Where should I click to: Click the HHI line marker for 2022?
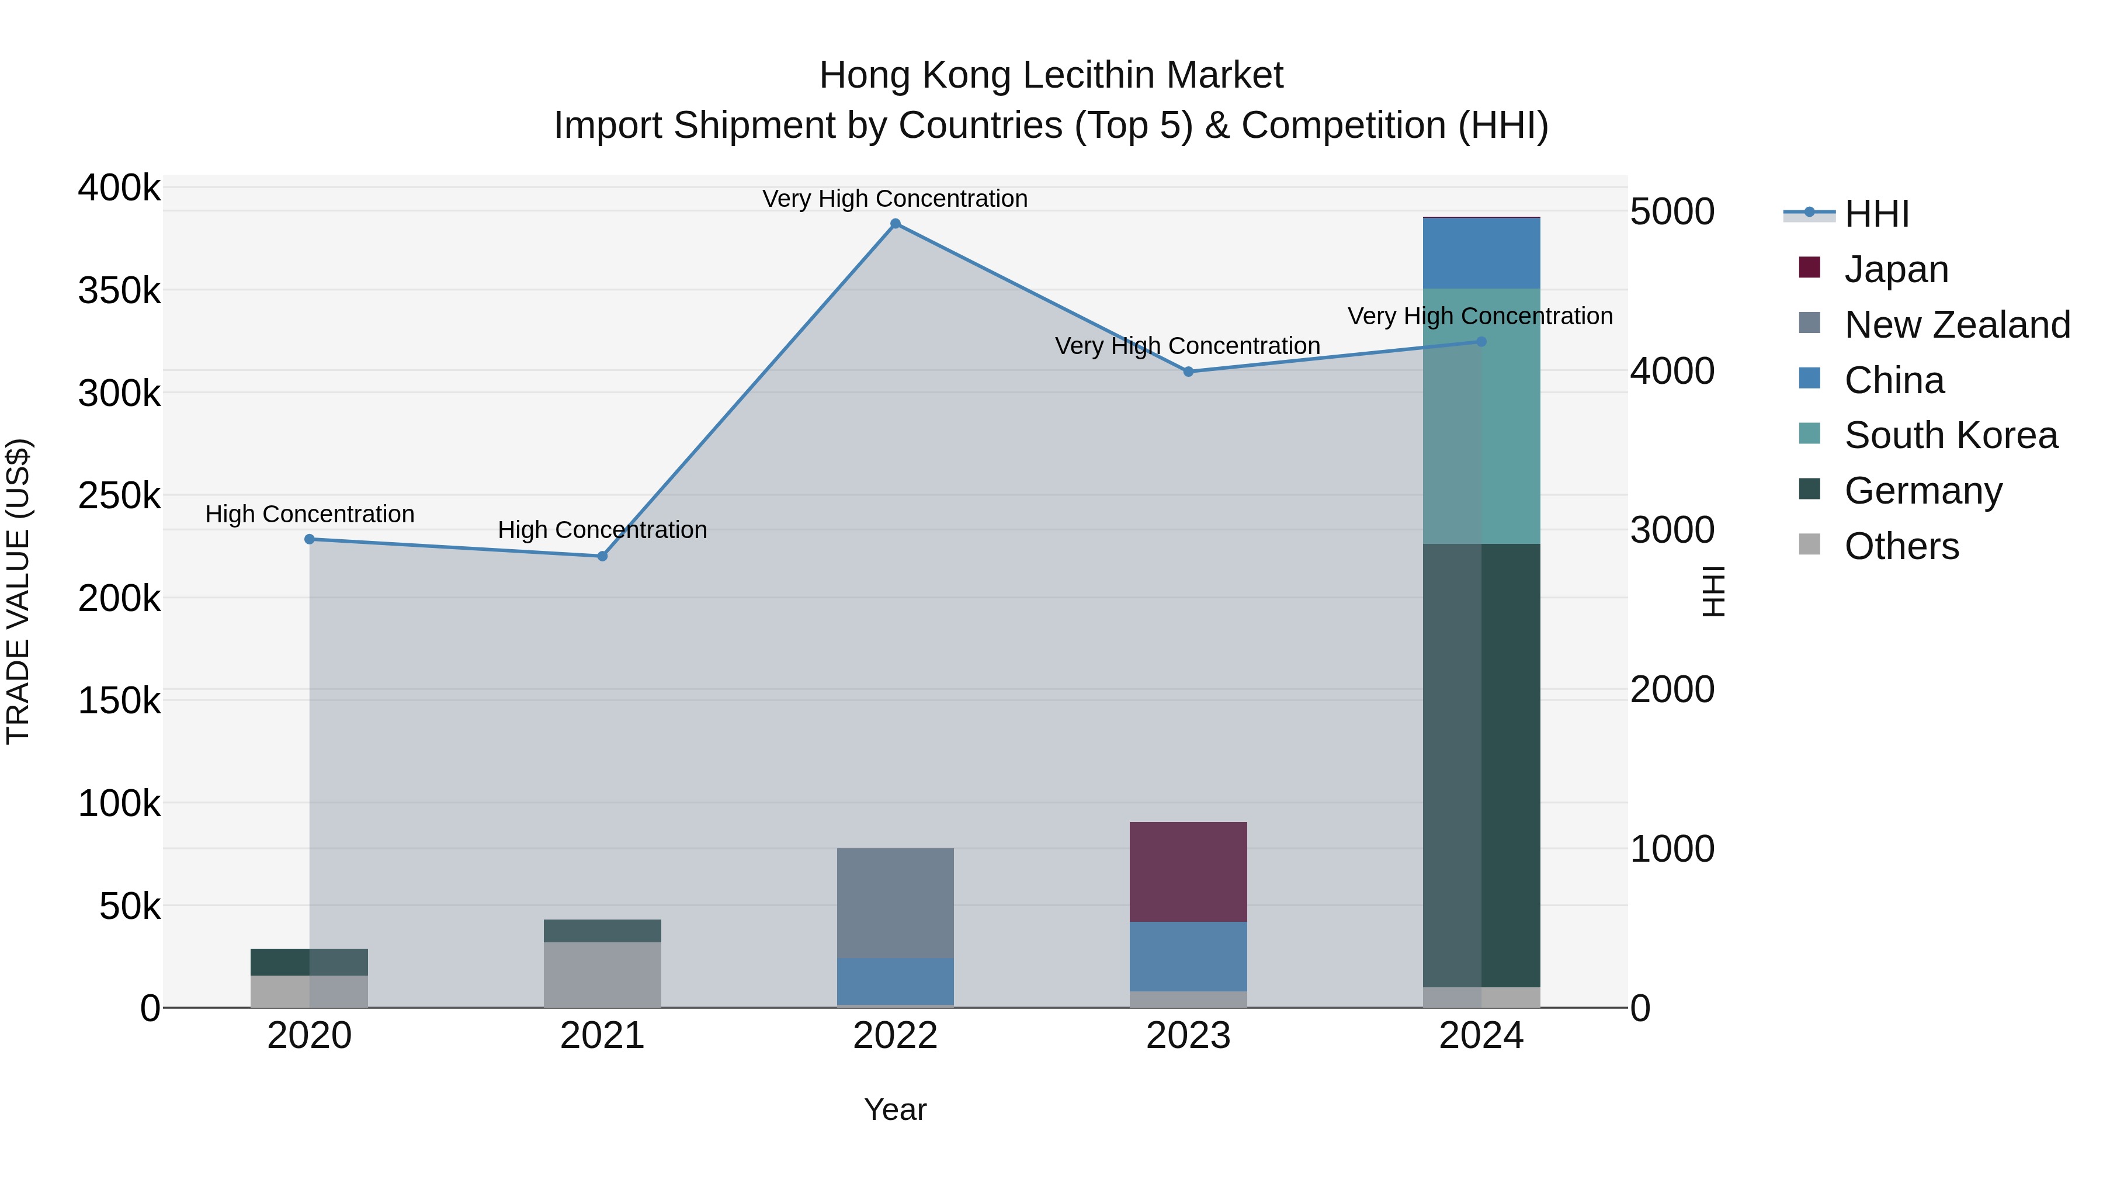pyautogui.click(x=895, y=224)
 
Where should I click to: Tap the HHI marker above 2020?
pyautogui.click(x=310, y=539)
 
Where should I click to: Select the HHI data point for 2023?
pyautogui.click(x=1188, y=372)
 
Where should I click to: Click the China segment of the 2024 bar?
pyautogui.click(x=1481, y=253)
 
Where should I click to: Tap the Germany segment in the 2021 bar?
pyautogui.click(x=602, y=931)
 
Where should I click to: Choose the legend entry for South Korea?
pyautogui.click(x=1951, y=435)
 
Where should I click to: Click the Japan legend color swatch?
pyautogui.click(x=1809, y=268)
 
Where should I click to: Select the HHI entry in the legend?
pyautogui.click(x=1876, y=214)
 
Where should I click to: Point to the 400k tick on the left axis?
pyautogui.click(x=119, y=188)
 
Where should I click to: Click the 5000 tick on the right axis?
pyautogui.click(x=1672, y=212)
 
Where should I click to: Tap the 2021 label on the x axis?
pyautogui.click(x=602, y=1036)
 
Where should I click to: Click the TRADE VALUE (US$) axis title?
pyautogui.click(x=19, y=591)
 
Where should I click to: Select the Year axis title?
pyautogui.click(x=895, y=1109)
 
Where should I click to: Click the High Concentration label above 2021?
pyautogui.click(x=602, y=530)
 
